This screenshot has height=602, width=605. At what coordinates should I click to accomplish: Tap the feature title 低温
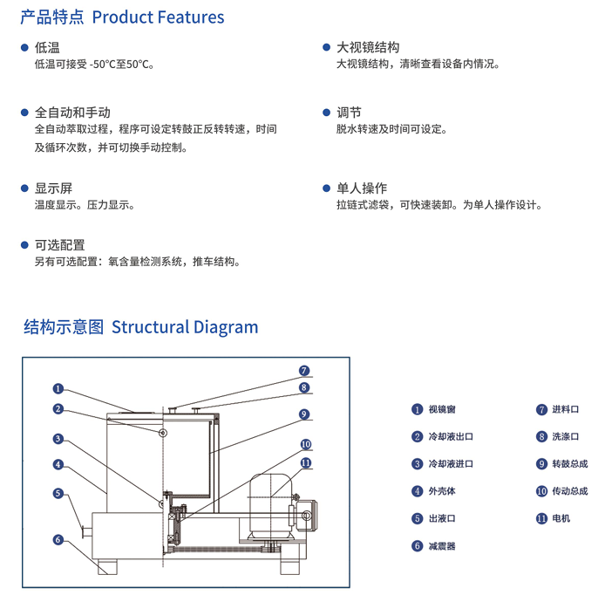[47, 47]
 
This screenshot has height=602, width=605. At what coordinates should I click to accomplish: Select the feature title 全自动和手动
[72, 113]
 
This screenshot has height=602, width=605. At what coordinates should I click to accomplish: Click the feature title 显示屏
[53, 188]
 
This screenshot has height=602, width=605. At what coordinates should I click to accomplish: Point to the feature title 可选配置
[59, 245]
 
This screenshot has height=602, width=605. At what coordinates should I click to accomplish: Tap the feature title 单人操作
[362, 188]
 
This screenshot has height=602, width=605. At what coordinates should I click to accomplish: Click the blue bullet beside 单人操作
[327, 188]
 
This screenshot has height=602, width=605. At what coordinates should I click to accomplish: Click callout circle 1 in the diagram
[58, 389]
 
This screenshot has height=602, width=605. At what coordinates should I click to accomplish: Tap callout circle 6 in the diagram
[58, 540]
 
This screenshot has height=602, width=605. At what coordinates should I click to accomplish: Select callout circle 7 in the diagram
[304, 371]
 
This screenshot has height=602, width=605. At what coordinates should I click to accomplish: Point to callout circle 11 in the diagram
[305, 463]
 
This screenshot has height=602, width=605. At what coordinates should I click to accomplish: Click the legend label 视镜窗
[441, 409]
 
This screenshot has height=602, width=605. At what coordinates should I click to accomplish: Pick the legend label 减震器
[441, 546]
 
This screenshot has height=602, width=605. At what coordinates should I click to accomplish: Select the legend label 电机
[561, 518]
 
